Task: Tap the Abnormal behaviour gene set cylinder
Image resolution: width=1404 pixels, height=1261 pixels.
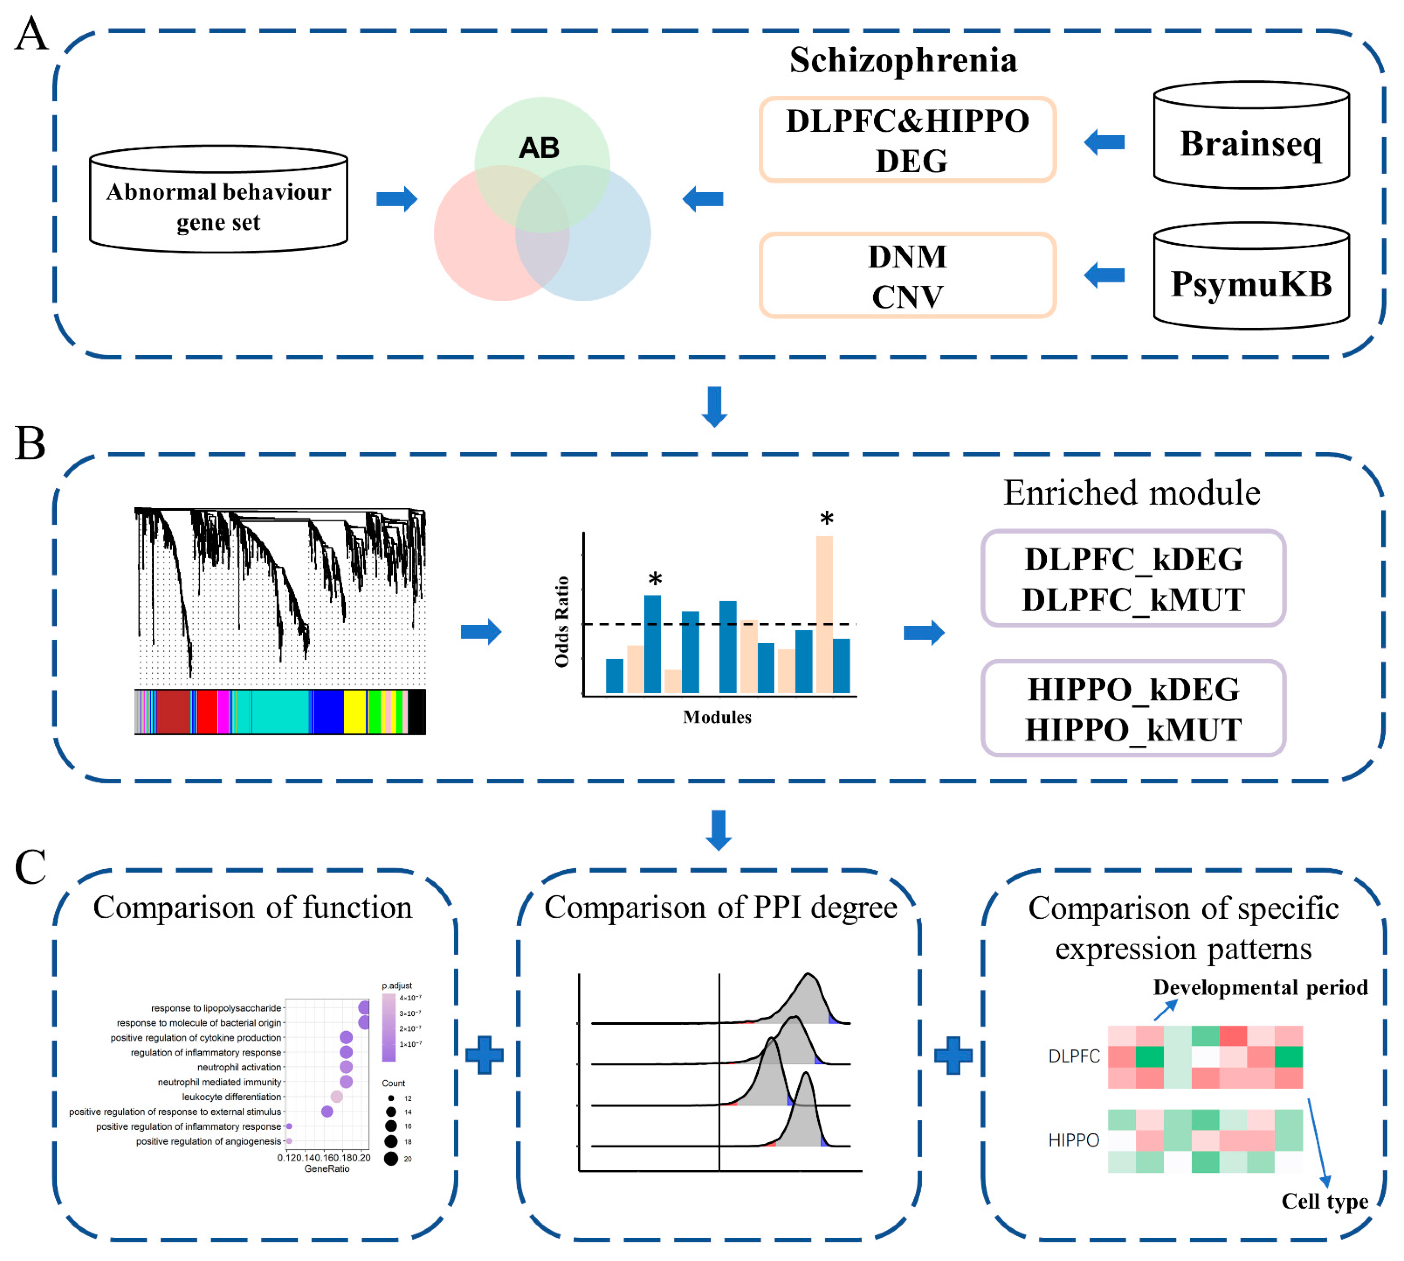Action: (218, 201)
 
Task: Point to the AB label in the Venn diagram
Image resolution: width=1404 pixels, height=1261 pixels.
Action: (539, 147)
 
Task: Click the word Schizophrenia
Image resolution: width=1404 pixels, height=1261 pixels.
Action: (903, 60)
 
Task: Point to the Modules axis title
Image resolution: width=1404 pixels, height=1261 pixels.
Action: (717, 717)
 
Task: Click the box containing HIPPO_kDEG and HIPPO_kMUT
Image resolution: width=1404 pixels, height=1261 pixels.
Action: (1133, 708)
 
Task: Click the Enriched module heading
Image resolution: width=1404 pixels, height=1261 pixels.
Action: (1132, 493)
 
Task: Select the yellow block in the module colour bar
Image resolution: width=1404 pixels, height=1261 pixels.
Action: (355, 711)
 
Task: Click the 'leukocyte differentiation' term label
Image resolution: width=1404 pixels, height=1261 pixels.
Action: (231, 1097)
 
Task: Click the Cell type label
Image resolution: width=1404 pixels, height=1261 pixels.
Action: (1324, 1201)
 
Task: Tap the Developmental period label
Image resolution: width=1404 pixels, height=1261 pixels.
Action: (1260, 987)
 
